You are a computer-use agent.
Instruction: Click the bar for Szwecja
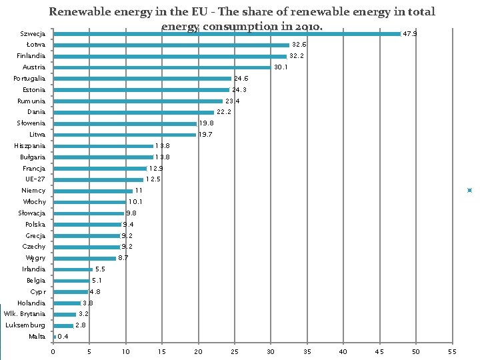click(227, 33)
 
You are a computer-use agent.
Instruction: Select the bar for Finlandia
click(170, 56)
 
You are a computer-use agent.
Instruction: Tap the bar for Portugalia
click(142, 79)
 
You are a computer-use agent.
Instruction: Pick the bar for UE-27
click(98, 179)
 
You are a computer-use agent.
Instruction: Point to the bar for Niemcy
click(93, 191)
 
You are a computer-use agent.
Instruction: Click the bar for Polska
click(87, 225)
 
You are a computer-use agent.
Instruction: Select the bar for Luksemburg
click(63, 325)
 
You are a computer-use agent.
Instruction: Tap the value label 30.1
click(281, 67)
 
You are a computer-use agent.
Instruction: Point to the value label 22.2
click(224, 112)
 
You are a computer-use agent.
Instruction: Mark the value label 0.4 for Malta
click(63, 337)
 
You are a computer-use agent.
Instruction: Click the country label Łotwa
click(36, 45)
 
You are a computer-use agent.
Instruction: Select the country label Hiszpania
click(30, 145)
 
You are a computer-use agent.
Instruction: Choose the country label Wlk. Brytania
click(25, 313)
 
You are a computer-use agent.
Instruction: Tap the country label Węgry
click(35, 258)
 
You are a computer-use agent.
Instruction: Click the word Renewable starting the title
click(80, 11)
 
